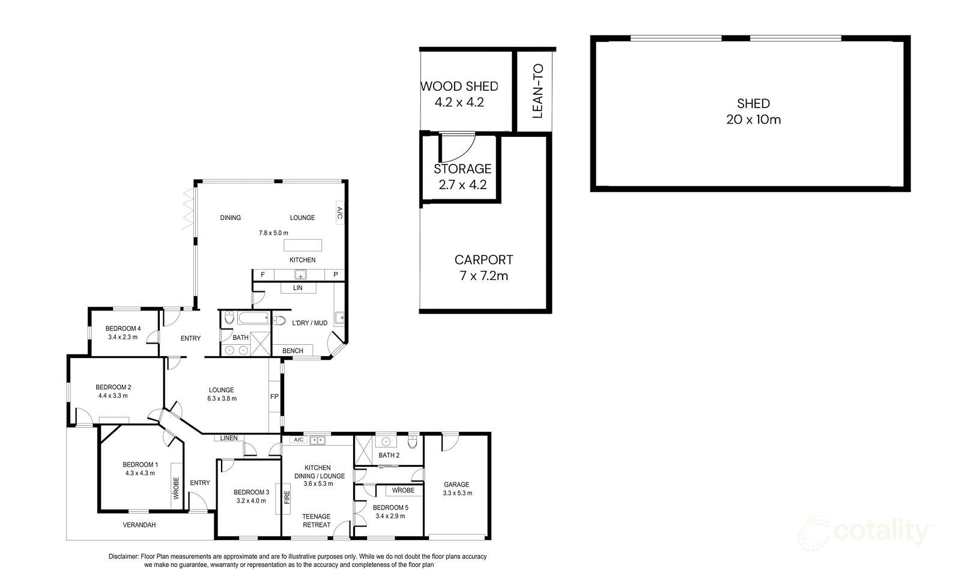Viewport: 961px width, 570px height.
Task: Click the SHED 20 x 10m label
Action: [x=753, y=112]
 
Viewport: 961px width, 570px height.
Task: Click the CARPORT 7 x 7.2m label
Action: [x=484, y=268]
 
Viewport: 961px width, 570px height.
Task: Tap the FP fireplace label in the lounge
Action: [x=274, y=397]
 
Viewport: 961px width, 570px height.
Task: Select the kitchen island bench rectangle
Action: [x=303, y=245]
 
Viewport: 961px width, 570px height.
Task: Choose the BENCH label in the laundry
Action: [x=293, y=351]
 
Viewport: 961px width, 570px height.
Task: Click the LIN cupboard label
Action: [x=297, y=288]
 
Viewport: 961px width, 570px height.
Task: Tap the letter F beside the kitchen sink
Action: [x=262, y=275]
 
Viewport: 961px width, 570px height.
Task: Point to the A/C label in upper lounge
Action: [x=339, y=213]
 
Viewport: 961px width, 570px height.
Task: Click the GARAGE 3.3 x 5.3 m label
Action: [x=456, y=489]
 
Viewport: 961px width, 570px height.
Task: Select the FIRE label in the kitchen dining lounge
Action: [x=287, y=497]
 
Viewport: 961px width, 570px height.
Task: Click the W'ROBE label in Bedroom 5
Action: [x=403, y=491]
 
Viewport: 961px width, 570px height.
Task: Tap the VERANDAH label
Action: [x=139, y=525]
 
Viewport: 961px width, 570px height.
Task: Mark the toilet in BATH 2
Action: [x=412, y=443]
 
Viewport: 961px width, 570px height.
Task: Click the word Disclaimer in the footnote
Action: [x=123, y=557]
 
